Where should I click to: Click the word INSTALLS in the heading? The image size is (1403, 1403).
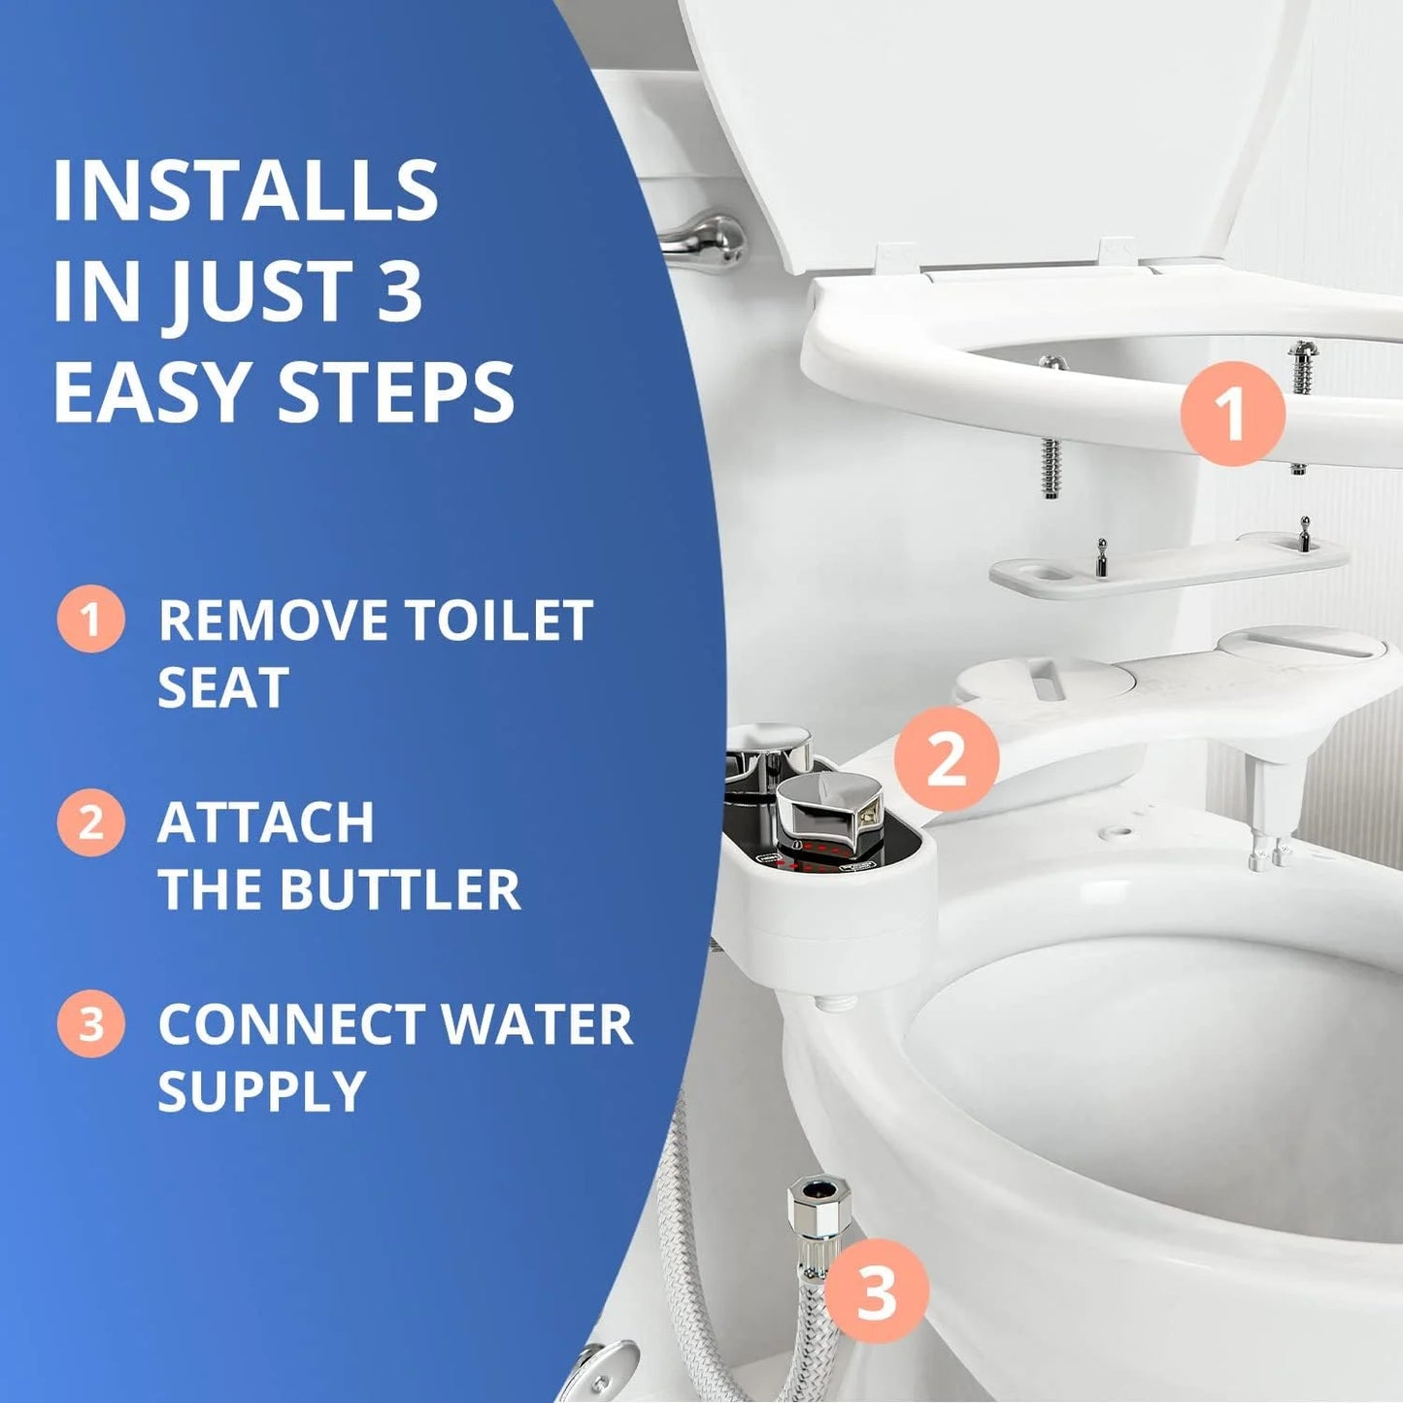245,190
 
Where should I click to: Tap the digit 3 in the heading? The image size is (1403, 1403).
399,291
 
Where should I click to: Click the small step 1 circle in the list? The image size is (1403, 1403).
90,618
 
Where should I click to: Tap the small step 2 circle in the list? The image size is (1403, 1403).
90,822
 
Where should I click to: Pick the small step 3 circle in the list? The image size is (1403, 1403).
90,1023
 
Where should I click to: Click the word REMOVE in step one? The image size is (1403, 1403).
271,620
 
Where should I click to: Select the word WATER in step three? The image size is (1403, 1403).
535,1024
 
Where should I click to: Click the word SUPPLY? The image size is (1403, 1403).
261,1091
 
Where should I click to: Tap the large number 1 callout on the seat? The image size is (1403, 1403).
1232,414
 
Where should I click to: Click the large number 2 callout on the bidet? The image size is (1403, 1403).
946,758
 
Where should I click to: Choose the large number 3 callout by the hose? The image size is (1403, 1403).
876,1291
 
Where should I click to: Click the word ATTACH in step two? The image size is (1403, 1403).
265,822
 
